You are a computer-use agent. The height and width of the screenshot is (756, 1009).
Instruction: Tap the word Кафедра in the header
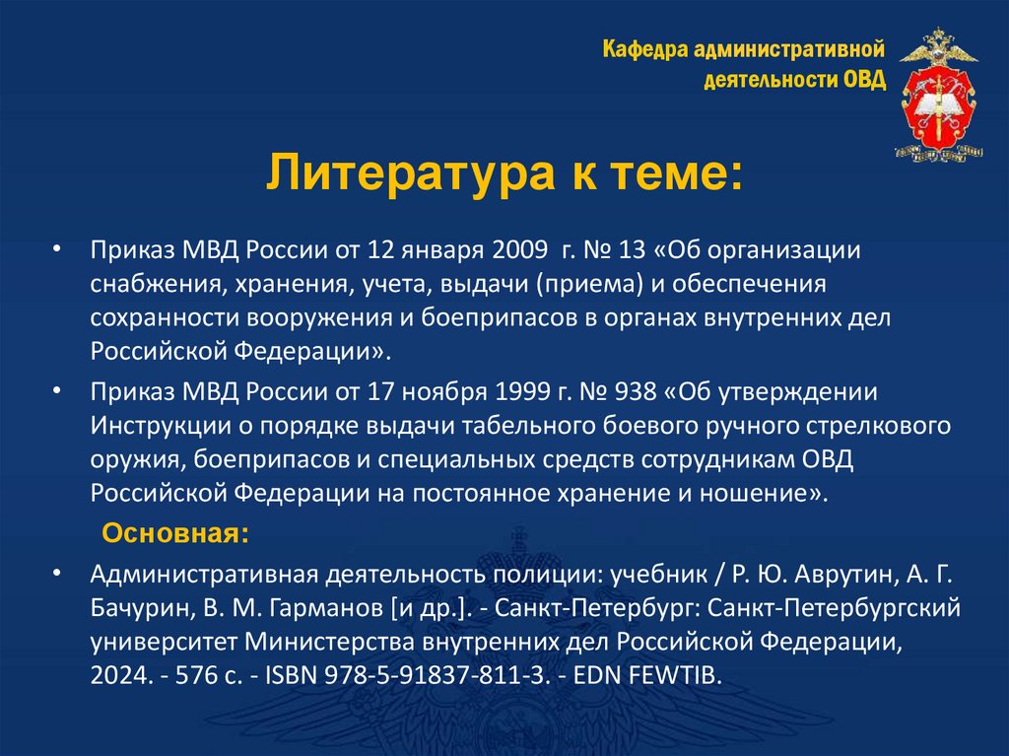click(x=644, y=48)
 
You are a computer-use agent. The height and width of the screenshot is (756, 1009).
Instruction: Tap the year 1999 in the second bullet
click(x=525, y=389)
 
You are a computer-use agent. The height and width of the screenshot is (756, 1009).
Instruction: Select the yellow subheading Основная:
click(x=176, y=533)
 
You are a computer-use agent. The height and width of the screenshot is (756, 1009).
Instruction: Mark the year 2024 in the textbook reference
click(x=117, y=677)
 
